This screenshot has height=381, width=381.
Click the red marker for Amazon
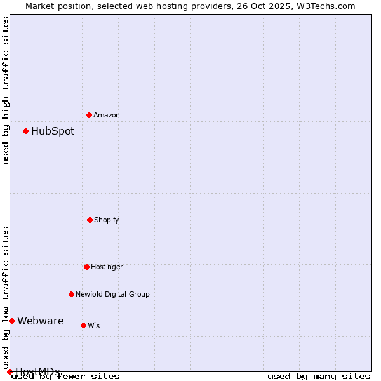(89, 115)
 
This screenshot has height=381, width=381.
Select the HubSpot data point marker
(25, 131)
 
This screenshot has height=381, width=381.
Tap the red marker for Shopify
(90, 220)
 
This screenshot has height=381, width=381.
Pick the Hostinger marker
(86, 267)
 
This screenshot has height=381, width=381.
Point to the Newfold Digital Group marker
(71, 294)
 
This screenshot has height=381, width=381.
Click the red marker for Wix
(83, 325)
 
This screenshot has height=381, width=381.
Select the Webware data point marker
(11, 321)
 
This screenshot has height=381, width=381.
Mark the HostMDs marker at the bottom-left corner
(10, 371)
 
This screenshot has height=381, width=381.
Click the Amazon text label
(107, 115)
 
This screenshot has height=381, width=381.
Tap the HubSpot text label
(53, 131)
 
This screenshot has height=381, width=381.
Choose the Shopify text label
(107, 220)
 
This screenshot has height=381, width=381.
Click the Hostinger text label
(107, 267)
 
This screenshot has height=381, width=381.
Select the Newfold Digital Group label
(112, 294)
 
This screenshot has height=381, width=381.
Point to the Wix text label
(94, 325)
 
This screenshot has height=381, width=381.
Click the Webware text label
(41, 321)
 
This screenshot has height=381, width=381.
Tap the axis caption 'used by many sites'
(319, 376)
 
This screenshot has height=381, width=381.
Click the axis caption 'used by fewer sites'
(66, 376)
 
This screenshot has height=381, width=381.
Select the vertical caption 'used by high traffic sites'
(6, 90)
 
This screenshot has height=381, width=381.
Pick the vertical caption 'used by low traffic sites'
(6, 293)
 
